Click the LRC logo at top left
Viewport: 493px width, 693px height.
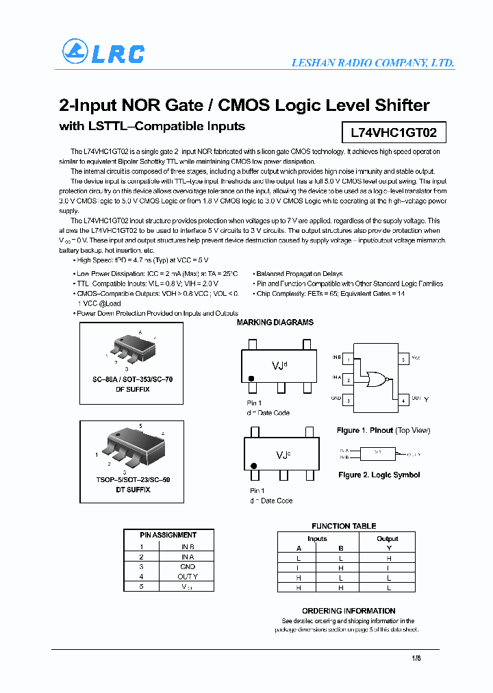[x=103, y=52]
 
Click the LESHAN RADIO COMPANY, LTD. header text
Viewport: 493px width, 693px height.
[x=372, y=63]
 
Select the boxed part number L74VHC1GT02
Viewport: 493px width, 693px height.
[x=388, y=131]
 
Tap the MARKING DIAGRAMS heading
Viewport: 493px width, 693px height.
[x=275, y=323]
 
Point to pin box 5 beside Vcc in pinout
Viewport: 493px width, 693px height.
[x=403, y=359]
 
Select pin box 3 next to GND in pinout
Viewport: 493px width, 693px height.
[x=349, y=400]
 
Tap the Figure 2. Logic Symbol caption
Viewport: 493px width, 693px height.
[x=379, y=475]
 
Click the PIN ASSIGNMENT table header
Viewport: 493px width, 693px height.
[x=168, y=535]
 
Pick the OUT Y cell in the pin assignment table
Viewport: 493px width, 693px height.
[x=187, y=577]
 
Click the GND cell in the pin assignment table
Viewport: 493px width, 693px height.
[x=187, y=567]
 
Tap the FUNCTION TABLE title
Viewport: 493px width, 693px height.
[x=344, y=526]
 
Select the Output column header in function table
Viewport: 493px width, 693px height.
[x=387, y=539]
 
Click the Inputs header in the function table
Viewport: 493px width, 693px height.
[x=318, y=539]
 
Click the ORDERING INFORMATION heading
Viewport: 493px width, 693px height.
[x=349, y=611]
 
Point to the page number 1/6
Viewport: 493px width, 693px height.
[x=416, y=659]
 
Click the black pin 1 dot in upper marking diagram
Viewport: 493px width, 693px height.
[x=251, y=378]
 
